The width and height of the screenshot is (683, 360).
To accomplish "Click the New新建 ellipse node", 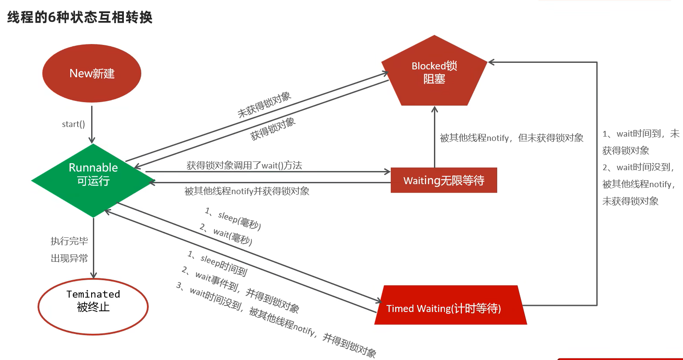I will [x=92, y=73].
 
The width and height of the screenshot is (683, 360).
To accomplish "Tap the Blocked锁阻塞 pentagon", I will [x=434, y=72].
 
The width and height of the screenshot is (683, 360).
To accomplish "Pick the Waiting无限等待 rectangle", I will [x=444, y=180].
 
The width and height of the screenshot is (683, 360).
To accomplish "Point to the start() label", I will [x=73, y=124].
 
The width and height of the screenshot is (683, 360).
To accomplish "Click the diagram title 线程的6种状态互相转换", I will [x=80, y=17].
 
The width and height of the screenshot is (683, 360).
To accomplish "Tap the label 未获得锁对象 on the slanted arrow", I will [x=264, y=105].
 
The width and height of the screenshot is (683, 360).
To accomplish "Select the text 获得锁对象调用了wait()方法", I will [x=244, y=165].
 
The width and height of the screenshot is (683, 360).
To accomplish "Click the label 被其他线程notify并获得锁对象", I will [x=247, y=191].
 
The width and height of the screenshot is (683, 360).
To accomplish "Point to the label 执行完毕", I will [x=69, y=241].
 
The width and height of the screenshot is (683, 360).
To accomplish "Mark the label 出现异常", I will [x=69, y=258].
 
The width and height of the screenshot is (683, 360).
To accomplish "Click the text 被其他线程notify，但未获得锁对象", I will [x=511, y=138].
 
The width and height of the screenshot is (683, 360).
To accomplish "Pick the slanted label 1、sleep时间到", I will [x=218, y=263].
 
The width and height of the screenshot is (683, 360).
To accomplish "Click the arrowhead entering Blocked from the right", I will [x=491, y=62].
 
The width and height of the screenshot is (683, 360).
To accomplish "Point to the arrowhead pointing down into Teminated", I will [x=93, y=275].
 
